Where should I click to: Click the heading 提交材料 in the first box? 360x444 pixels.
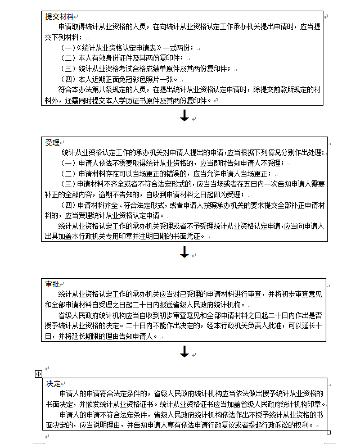pyautogui.click(x=58, y=16)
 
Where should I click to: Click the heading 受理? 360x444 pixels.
pyautogui.click(x=52, y=142)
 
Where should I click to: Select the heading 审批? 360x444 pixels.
pyautogui.click(x=52, y=284)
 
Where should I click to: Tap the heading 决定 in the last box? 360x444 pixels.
pyautogui.click(x=53, y=383)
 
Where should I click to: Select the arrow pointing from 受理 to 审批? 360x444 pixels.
pyautogui.click(x=184, y=253)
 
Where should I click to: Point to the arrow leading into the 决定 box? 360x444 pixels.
pyautogui.click(x=184, y=352)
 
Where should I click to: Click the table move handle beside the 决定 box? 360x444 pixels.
pyautogui.click(x=38, y=373)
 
